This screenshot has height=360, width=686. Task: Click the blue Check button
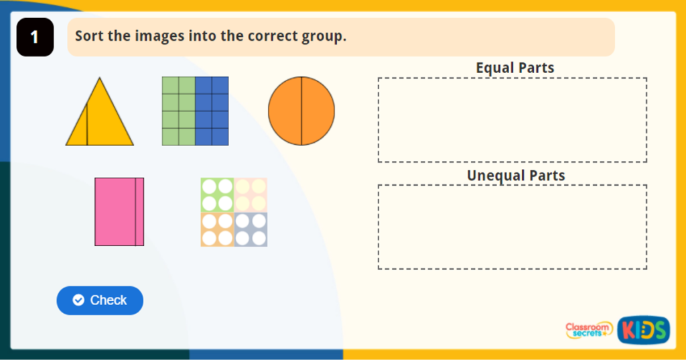pyautogui.click(x=100, y=300)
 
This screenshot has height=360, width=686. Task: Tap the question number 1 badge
pyautogui.click(x=35, y=38)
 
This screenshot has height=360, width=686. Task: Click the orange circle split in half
pyautogui.click(x=301, y=111)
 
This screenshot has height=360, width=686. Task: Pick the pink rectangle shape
pyautogui.click(x=115, y=212)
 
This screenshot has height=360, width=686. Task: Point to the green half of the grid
pyautogui.click(x=178, y=111)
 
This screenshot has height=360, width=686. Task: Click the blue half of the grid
pyautogui.click(x=212, y=111)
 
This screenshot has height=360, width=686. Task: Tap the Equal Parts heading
pyautogui.click(x=514, y=68)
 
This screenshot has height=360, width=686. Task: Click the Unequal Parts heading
pyautogui.click(x=515, y=176)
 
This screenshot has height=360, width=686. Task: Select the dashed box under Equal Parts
pyautogui.click(x=512, y=120)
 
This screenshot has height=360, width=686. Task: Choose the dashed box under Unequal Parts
pyautogui.click(x=512, y=227)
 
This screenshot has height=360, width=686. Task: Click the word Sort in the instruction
pyautogui.click(x=89, y=36)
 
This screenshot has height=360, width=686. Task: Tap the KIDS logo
pyautogui.click(x=643, y=330)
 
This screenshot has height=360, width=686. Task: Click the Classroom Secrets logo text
pyautogui.click(x=589, y=330)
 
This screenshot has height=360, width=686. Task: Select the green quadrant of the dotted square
pyautogui.click(x=217, y=195)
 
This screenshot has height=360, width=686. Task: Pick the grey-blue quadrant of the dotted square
pyautogui.click(x=251, y=229)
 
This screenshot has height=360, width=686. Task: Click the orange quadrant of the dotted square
pyautogui.click(x=217, y=229)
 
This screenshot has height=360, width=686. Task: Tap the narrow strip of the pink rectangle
pyautogui.click(x=139, y=212)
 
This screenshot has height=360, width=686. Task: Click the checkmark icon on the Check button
pyautogui.click(x=78, y=300)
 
